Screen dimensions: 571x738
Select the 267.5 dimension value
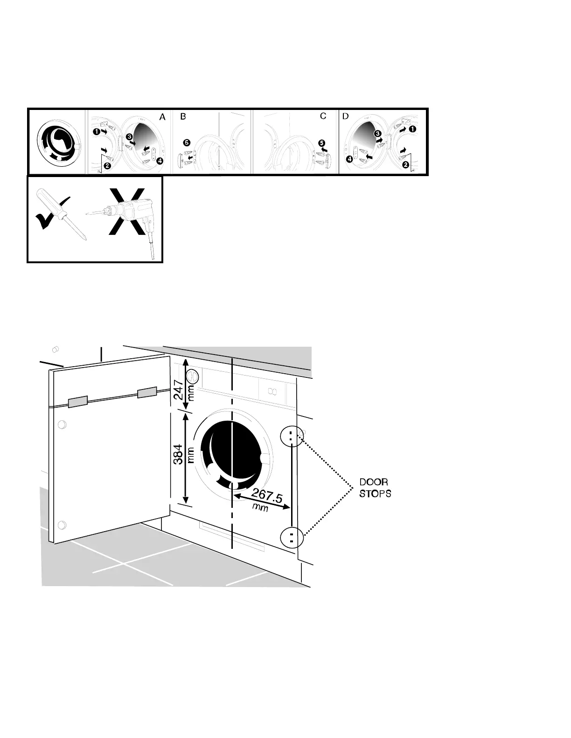267,495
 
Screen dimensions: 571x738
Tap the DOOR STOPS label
375,488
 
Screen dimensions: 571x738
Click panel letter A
162,117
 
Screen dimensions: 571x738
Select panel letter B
183,117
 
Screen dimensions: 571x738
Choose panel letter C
323,116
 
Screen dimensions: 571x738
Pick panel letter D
345,116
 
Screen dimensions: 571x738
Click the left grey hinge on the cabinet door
77,402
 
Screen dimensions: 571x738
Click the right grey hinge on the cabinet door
147,393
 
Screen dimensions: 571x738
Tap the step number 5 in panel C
321,143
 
